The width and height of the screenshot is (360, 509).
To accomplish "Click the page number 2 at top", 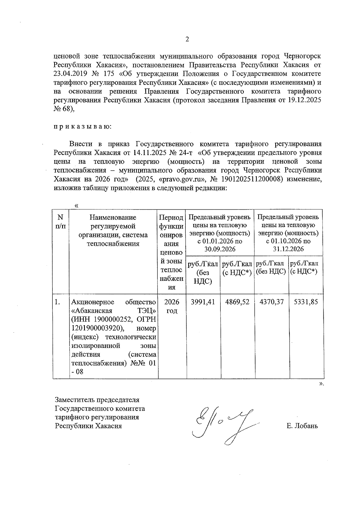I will pyautogui.click(x=187, y=40).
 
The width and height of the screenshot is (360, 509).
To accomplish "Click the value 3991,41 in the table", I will pyautogui.click(x=203, y=302).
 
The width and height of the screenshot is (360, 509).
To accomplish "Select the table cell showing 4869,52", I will pyautogui.click(x=237, y=302).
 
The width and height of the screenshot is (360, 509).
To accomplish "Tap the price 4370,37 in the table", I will pyautogui.click(x=271, y=302).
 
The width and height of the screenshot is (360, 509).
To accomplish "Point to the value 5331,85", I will pyautogui.click(x=306, y=302).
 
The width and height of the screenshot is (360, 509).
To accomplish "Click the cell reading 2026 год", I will pyautogui.click(x=172, y=306).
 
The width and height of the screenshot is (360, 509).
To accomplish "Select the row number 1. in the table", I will pyautogui.click(x=58, y=302).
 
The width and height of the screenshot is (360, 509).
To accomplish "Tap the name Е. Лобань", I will pyautogui.click(x=302, y=426).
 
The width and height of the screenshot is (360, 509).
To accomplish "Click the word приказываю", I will pyautogui.click(x=82, y=127).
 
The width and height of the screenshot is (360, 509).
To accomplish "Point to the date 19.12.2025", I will pyautogui.click(x=304, y=100).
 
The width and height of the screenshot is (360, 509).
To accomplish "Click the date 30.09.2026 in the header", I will pyautogui.click(x=220, y=249).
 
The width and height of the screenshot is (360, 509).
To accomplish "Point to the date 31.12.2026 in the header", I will pyautogui.click(x=288, y=249).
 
